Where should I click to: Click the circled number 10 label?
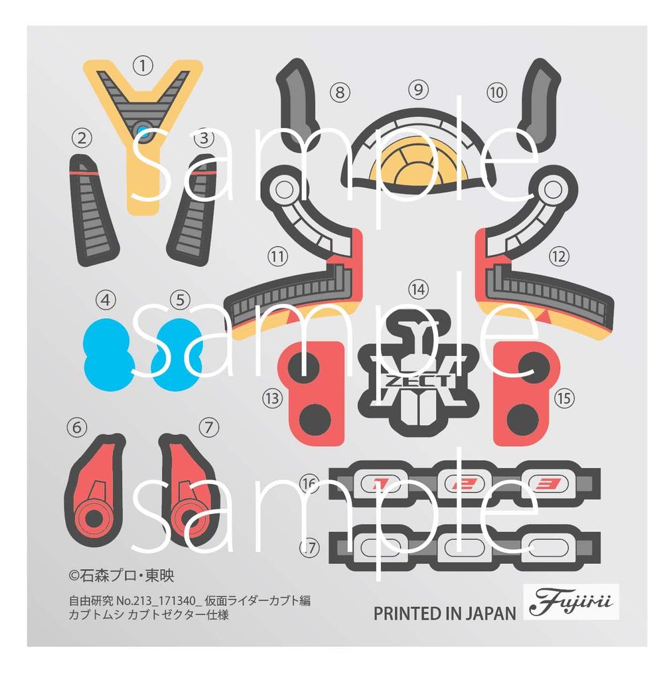click(x=496, y=92)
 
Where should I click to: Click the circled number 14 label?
click(x=418, y=290)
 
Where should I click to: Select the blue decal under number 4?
click(x=108, y=353)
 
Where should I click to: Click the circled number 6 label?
click(x=78, y=428)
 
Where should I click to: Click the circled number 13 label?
click(x=271, y=398)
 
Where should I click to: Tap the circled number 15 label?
click(x=564, y=398)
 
